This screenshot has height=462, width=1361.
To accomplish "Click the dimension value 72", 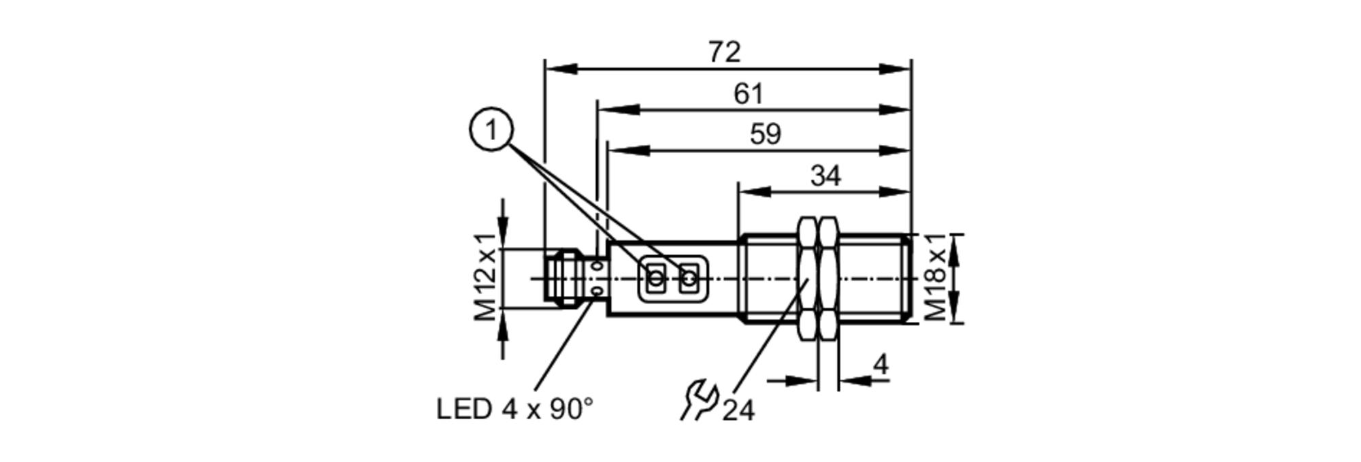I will [724, 52].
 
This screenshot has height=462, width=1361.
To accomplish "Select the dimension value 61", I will [749, 94].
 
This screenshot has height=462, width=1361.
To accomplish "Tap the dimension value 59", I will [765, 135].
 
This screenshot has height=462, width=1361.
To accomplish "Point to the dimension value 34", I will [825, 176].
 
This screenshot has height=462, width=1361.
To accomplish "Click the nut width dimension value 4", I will [880, 365].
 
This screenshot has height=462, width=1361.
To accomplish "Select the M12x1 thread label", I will [486, 277].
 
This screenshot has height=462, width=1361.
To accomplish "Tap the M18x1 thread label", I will [936, 277].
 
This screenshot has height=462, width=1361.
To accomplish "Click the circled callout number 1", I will [491, 130].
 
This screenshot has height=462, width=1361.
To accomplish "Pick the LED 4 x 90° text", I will [514, 409].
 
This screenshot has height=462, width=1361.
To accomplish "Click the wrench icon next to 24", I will [699, 401].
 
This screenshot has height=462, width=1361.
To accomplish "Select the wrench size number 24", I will [738, 410].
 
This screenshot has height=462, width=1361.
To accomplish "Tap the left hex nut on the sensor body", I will [807, 278].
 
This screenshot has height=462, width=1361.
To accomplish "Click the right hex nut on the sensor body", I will [828, 278].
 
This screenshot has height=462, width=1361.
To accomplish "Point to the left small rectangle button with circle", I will [656, 278].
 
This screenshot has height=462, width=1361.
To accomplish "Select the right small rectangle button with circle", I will [689, 278].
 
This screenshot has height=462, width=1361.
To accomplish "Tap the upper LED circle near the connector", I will [598, 265].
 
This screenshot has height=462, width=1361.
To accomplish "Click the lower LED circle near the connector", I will [598, 292].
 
